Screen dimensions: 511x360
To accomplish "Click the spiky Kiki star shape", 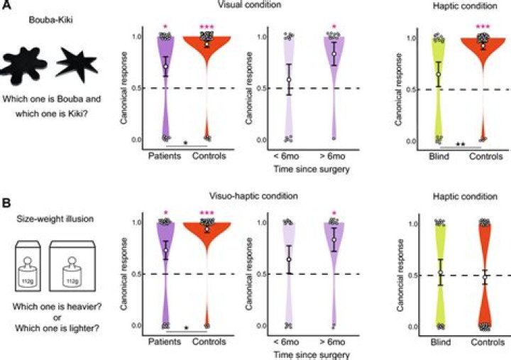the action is click(77, 64).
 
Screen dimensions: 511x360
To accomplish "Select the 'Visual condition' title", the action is click(249, 4).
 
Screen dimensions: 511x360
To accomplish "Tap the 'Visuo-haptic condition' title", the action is click(253, 196).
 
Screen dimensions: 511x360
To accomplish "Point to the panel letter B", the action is click(6, 203).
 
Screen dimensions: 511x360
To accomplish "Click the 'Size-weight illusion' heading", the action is click(55, 219).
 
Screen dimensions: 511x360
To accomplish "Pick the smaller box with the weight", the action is click(28, 266).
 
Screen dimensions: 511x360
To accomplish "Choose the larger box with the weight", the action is click(72, 266).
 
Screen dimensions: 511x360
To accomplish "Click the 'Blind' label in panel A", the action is click(439, 156).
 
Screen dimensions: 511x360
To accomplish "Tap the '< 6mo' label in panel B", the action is click(286, 342).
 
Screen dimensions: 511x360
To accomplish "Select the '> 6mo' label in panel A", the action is click(332, 156).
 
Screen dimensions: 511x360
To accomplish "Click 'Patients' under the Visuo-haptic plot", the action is click(165, 342).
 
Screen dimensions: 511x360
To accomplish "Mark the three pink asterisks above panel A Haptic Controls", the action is click(483, 27).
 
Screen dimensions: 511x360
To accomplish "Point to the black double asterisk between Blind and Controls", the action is click(461, 144).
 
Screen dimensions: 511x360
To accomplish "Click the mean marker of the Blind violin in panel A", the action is click(439, 75).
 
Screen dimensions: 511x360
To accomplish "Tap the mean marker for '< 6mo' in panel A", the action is click(289, 80).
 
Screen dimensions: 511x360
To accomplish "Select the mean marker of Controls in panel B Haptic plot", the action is click(485, 277).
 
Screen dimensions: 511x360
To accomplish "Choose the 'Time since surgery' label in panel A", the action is click(312, 169).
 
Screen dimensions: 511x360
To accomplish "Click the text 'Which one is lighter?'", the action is click(57, 328).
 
